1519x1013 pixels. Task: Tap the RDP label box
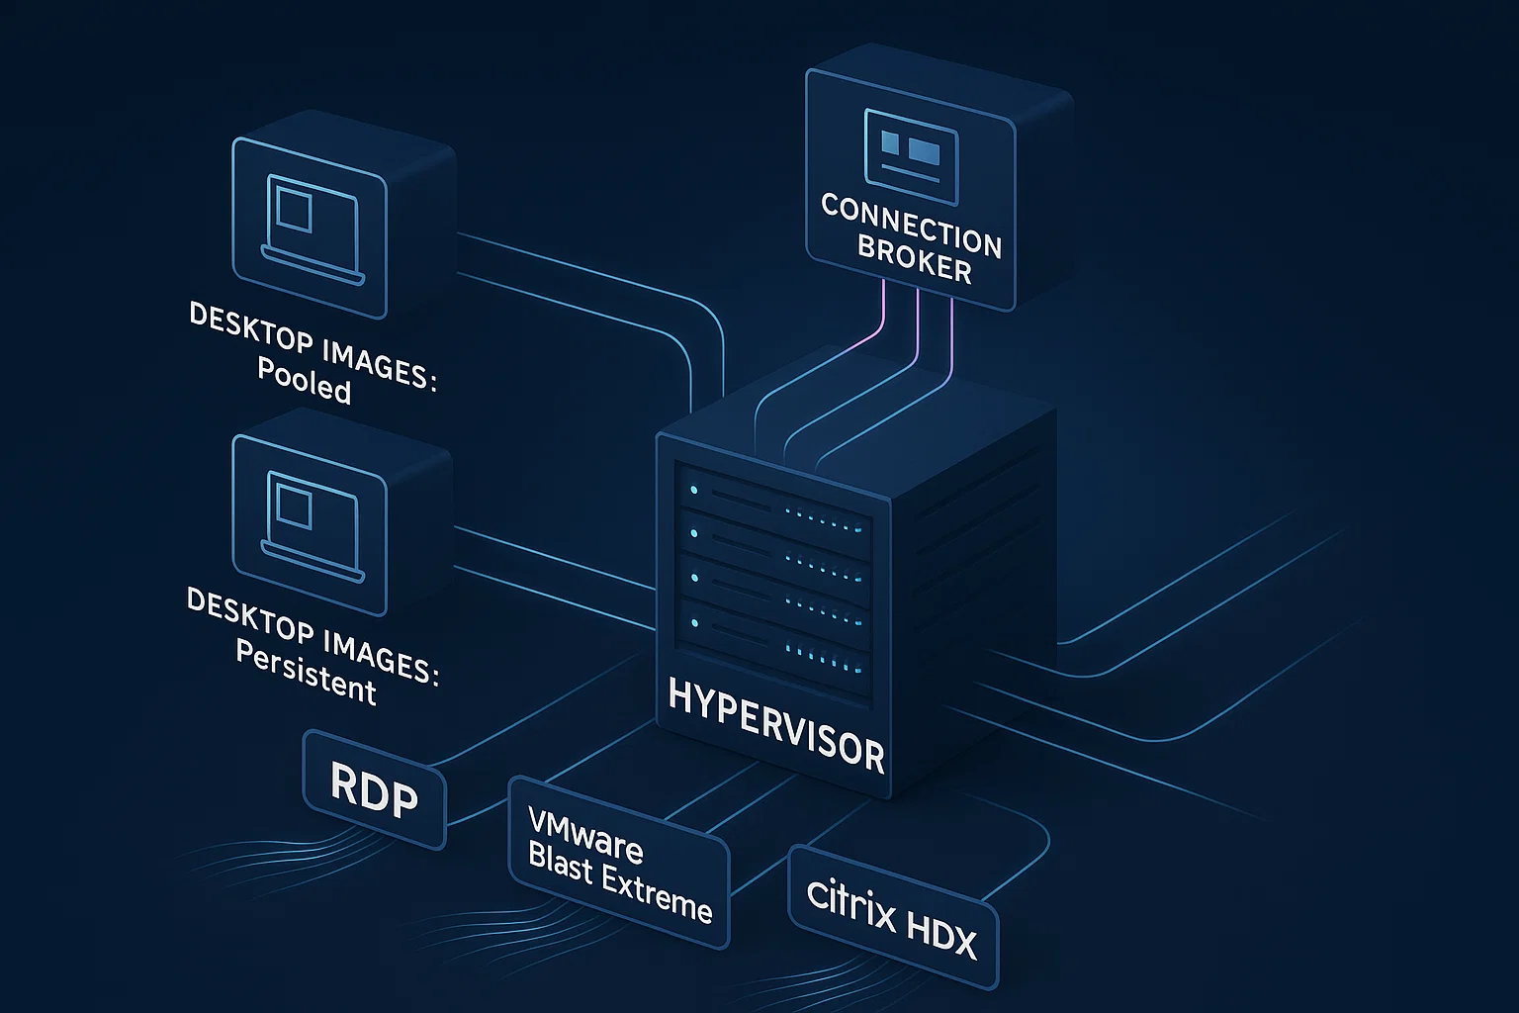374,789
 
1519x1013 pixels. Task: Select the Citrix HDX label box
892,916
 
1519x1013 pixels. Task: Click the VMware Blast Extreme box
618,862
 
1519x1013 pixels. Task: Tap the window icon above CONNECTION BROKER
911,147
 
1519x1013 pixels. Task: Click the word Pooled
304,381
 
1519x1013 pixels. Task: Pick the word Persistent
306,674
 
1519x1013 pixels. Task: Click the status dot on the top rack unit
695,490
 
